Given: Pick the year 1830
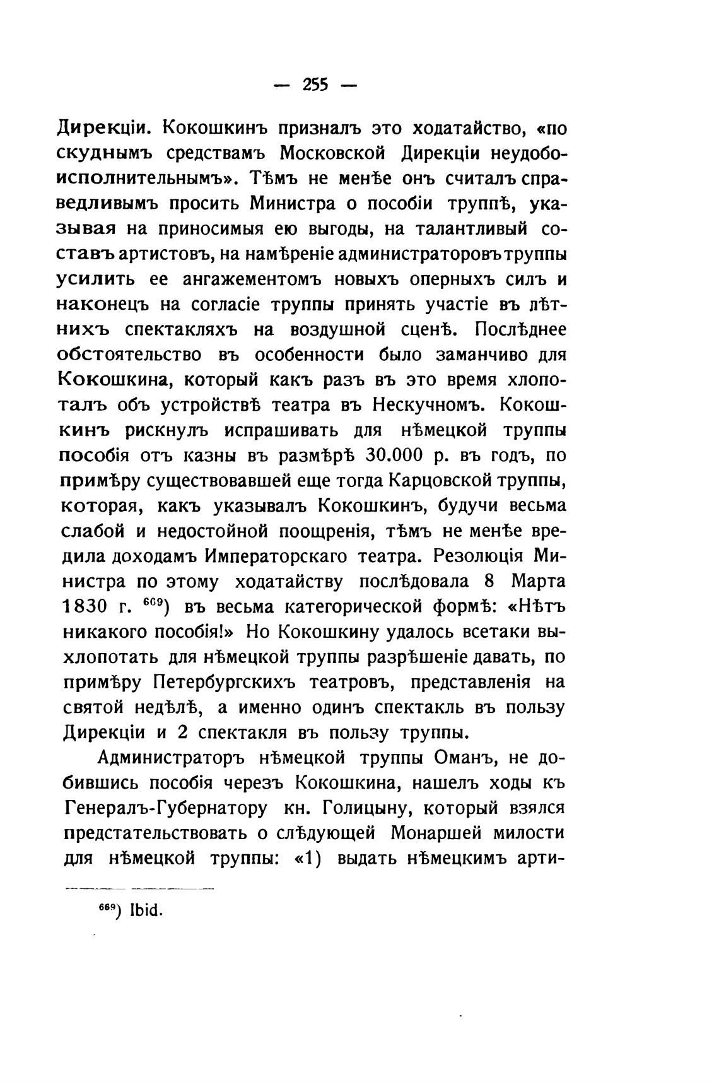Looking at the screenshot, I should pos(85,607).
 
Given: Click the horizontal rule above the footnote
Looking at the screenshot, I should pos(139,888).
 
